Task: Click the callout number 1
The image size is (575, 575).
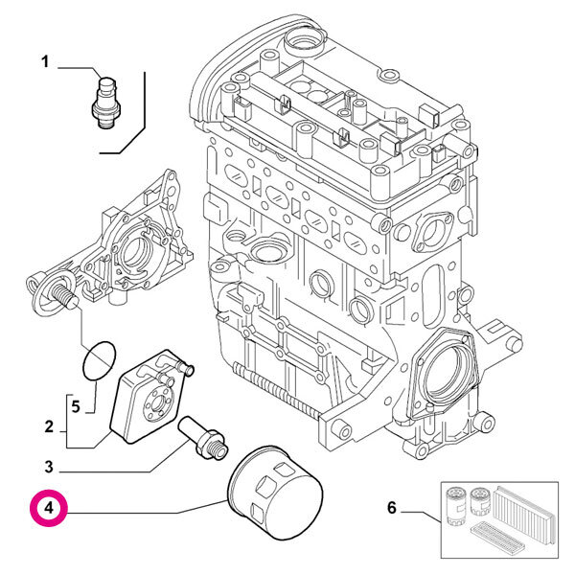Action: [x=45, y=63]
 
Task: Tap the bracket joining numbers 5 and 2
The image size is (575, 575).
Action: [x=67, y=422]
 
